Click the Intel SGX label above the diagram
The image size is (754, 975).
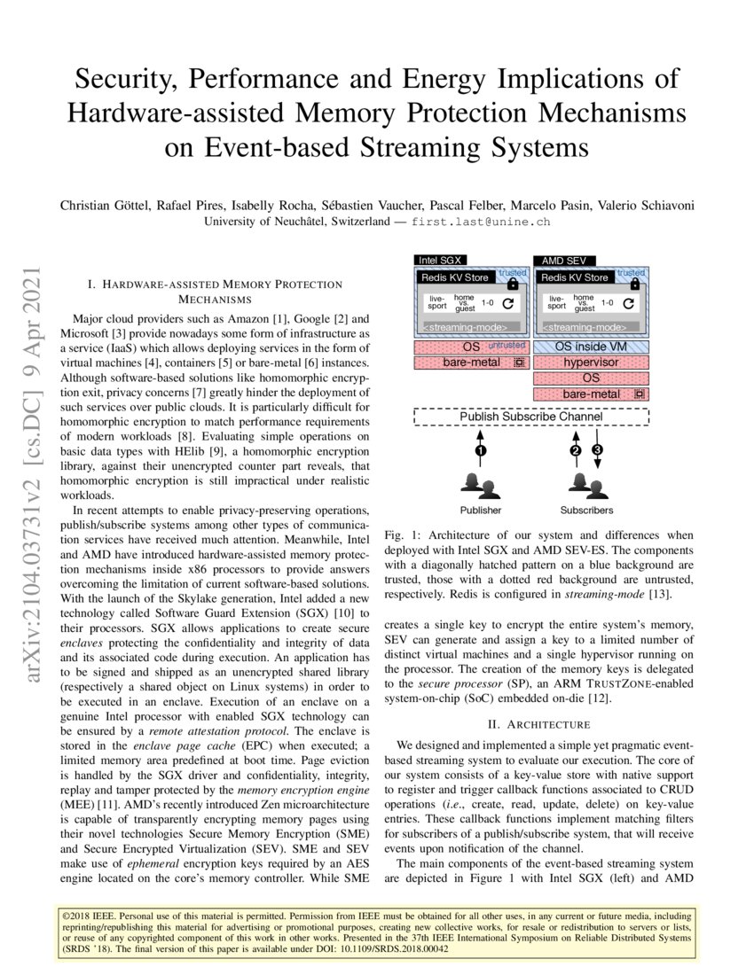coord(440,261)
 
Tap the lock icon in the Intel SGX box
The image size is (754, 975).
coord(512,284)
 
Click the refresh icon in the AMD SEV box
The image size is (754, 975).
coord(630,303)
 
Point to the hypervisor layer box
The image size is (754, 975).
coord(591,362)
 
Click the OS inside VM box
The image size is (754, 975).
coord(591,347)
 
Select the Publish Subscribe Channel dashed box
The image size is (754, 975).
coord(530,417)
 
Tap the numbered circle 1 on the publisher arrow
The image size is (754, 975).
coord(480,451)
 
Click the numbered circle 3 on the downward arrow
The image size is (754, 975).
coord(597,451)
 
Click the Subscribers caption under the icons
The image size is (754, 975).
coord(586,511)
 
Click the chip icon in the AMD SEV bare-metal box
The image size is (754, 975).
coord(637,394)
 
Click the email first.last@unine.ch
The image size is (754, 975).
coord(475,222)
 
